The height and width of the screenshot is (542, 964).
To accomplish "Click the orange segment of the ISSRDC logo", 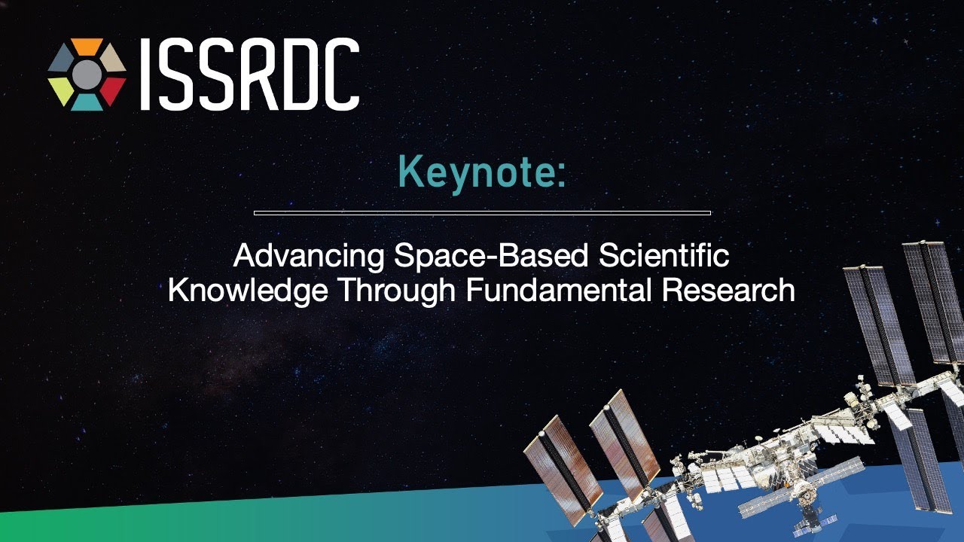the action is pos(87,47).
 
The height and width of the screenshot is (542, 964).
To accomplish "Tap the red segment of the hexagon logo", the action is pos(113,90).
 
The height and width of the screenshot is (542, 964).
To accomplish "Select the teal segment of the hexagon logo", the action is pos(87,102).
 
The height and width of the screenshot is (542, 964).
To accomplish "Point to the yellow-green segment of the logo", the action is pos(61,90).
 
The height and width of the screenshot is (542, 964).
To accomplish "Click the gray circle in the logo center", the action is pos(87,75).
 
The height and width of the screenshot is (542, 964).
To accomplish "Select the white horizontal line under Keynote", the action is pos(482,212).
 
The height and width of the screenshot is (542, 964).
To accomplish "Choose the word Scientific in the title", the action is pos(664,254).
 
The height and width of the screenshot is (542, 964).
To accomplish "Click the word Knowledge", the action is pos(248,291).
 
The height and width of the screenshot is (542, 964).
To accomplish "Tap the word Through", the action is pos(396,291).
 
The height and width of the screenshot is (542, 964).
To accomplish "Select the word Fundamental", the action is pos(558,290).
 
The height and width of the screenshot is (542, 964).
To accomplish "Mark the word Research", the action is pos(728,290).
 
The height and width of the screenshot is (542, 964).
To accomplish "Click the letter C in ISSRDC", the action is pos(342,74).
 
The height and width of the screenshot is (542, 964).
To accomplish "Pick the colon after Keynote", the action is pos(561,177).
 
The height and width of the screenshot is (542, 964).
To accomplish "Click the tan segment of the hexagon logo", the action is pos(113,59).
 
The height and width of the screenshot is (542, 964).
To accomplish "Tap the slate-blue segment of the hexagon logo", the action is pos(61,59).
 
